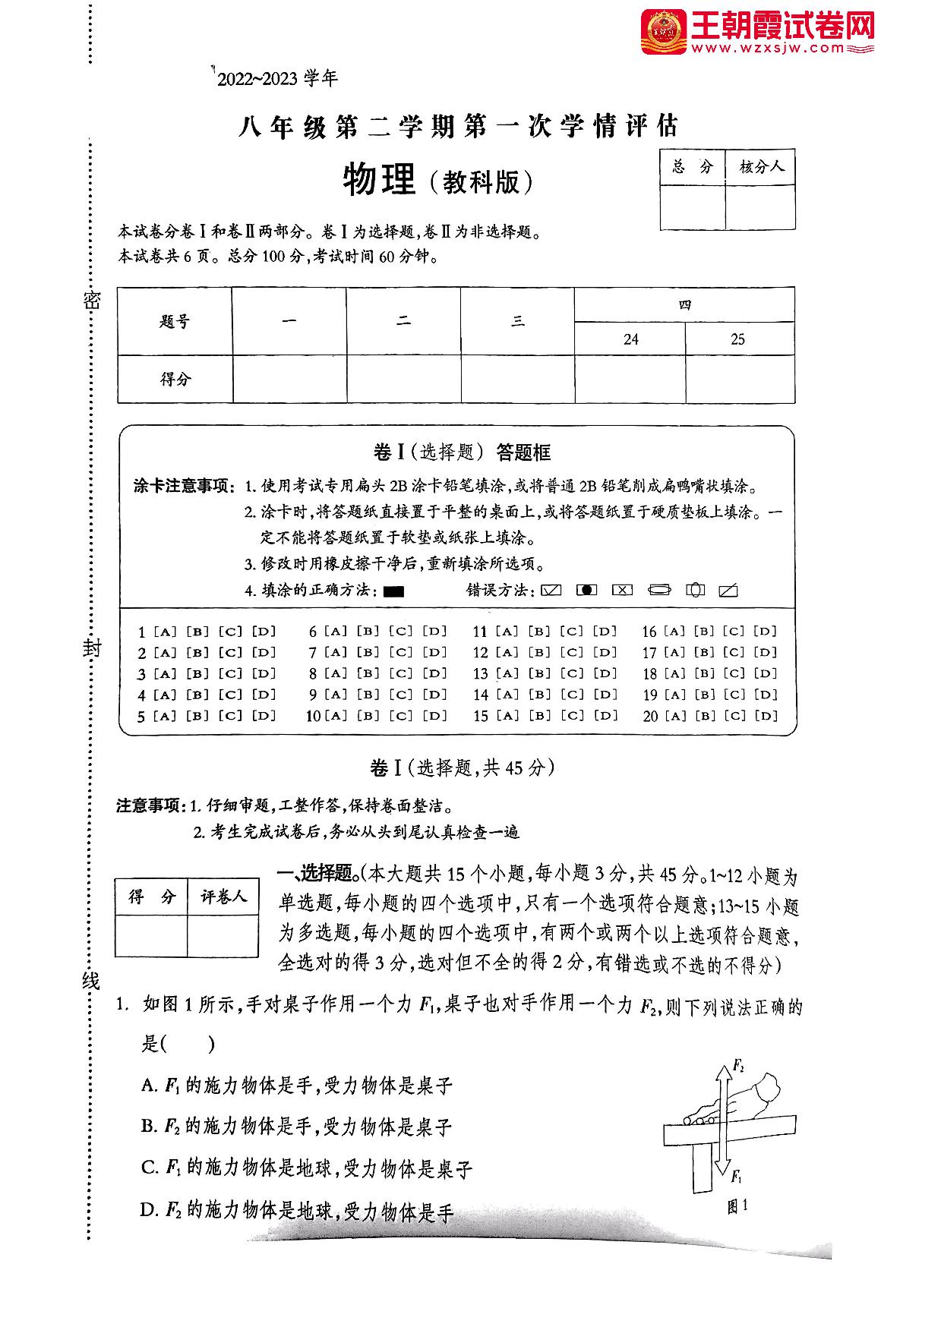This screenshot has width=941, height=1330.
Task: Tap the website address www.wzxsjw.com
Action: (x=768, y=49)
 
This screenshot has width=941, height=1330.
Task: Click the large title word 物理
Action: (x=379, y=180)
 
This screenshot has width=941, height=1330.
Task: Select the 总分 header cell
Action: (x=693, y=166)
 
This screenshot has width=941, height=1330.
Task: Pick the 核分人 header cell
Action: (x=761, y=166)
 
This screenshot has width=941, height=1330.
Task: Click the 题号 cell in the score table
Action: (x=175, y=321)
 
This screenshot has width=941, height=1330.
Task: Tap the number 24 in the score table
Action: (x=630, y=339)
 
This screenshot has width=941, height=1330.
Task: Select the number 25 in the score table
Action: (x=737, y=339)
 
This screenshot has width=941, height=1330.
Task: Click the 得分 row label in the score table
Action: (x=175, y=379)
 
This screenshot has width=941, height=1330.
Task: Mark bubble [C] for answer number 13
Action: (x=572, y=673)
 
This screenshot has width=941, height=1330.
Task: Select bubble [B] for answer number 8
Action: (x=368, y=673)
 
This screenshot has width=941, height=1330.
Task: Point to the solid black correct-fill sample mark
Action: (x=393, y=591)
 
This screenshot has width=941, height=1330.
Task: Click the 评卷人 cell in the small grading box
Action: (x=223, y=897)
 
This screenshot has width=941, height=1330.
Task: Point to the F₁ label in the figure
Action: (x=736, y=1176)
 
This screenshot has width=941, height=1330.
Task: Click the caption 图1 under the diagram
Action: (x=737, y=1206)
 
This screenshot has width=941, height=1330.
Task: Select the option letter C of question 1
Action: (x=149, y=1168)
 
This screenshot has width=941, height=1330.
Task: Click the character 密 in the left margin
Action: (x=91, y=301)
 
